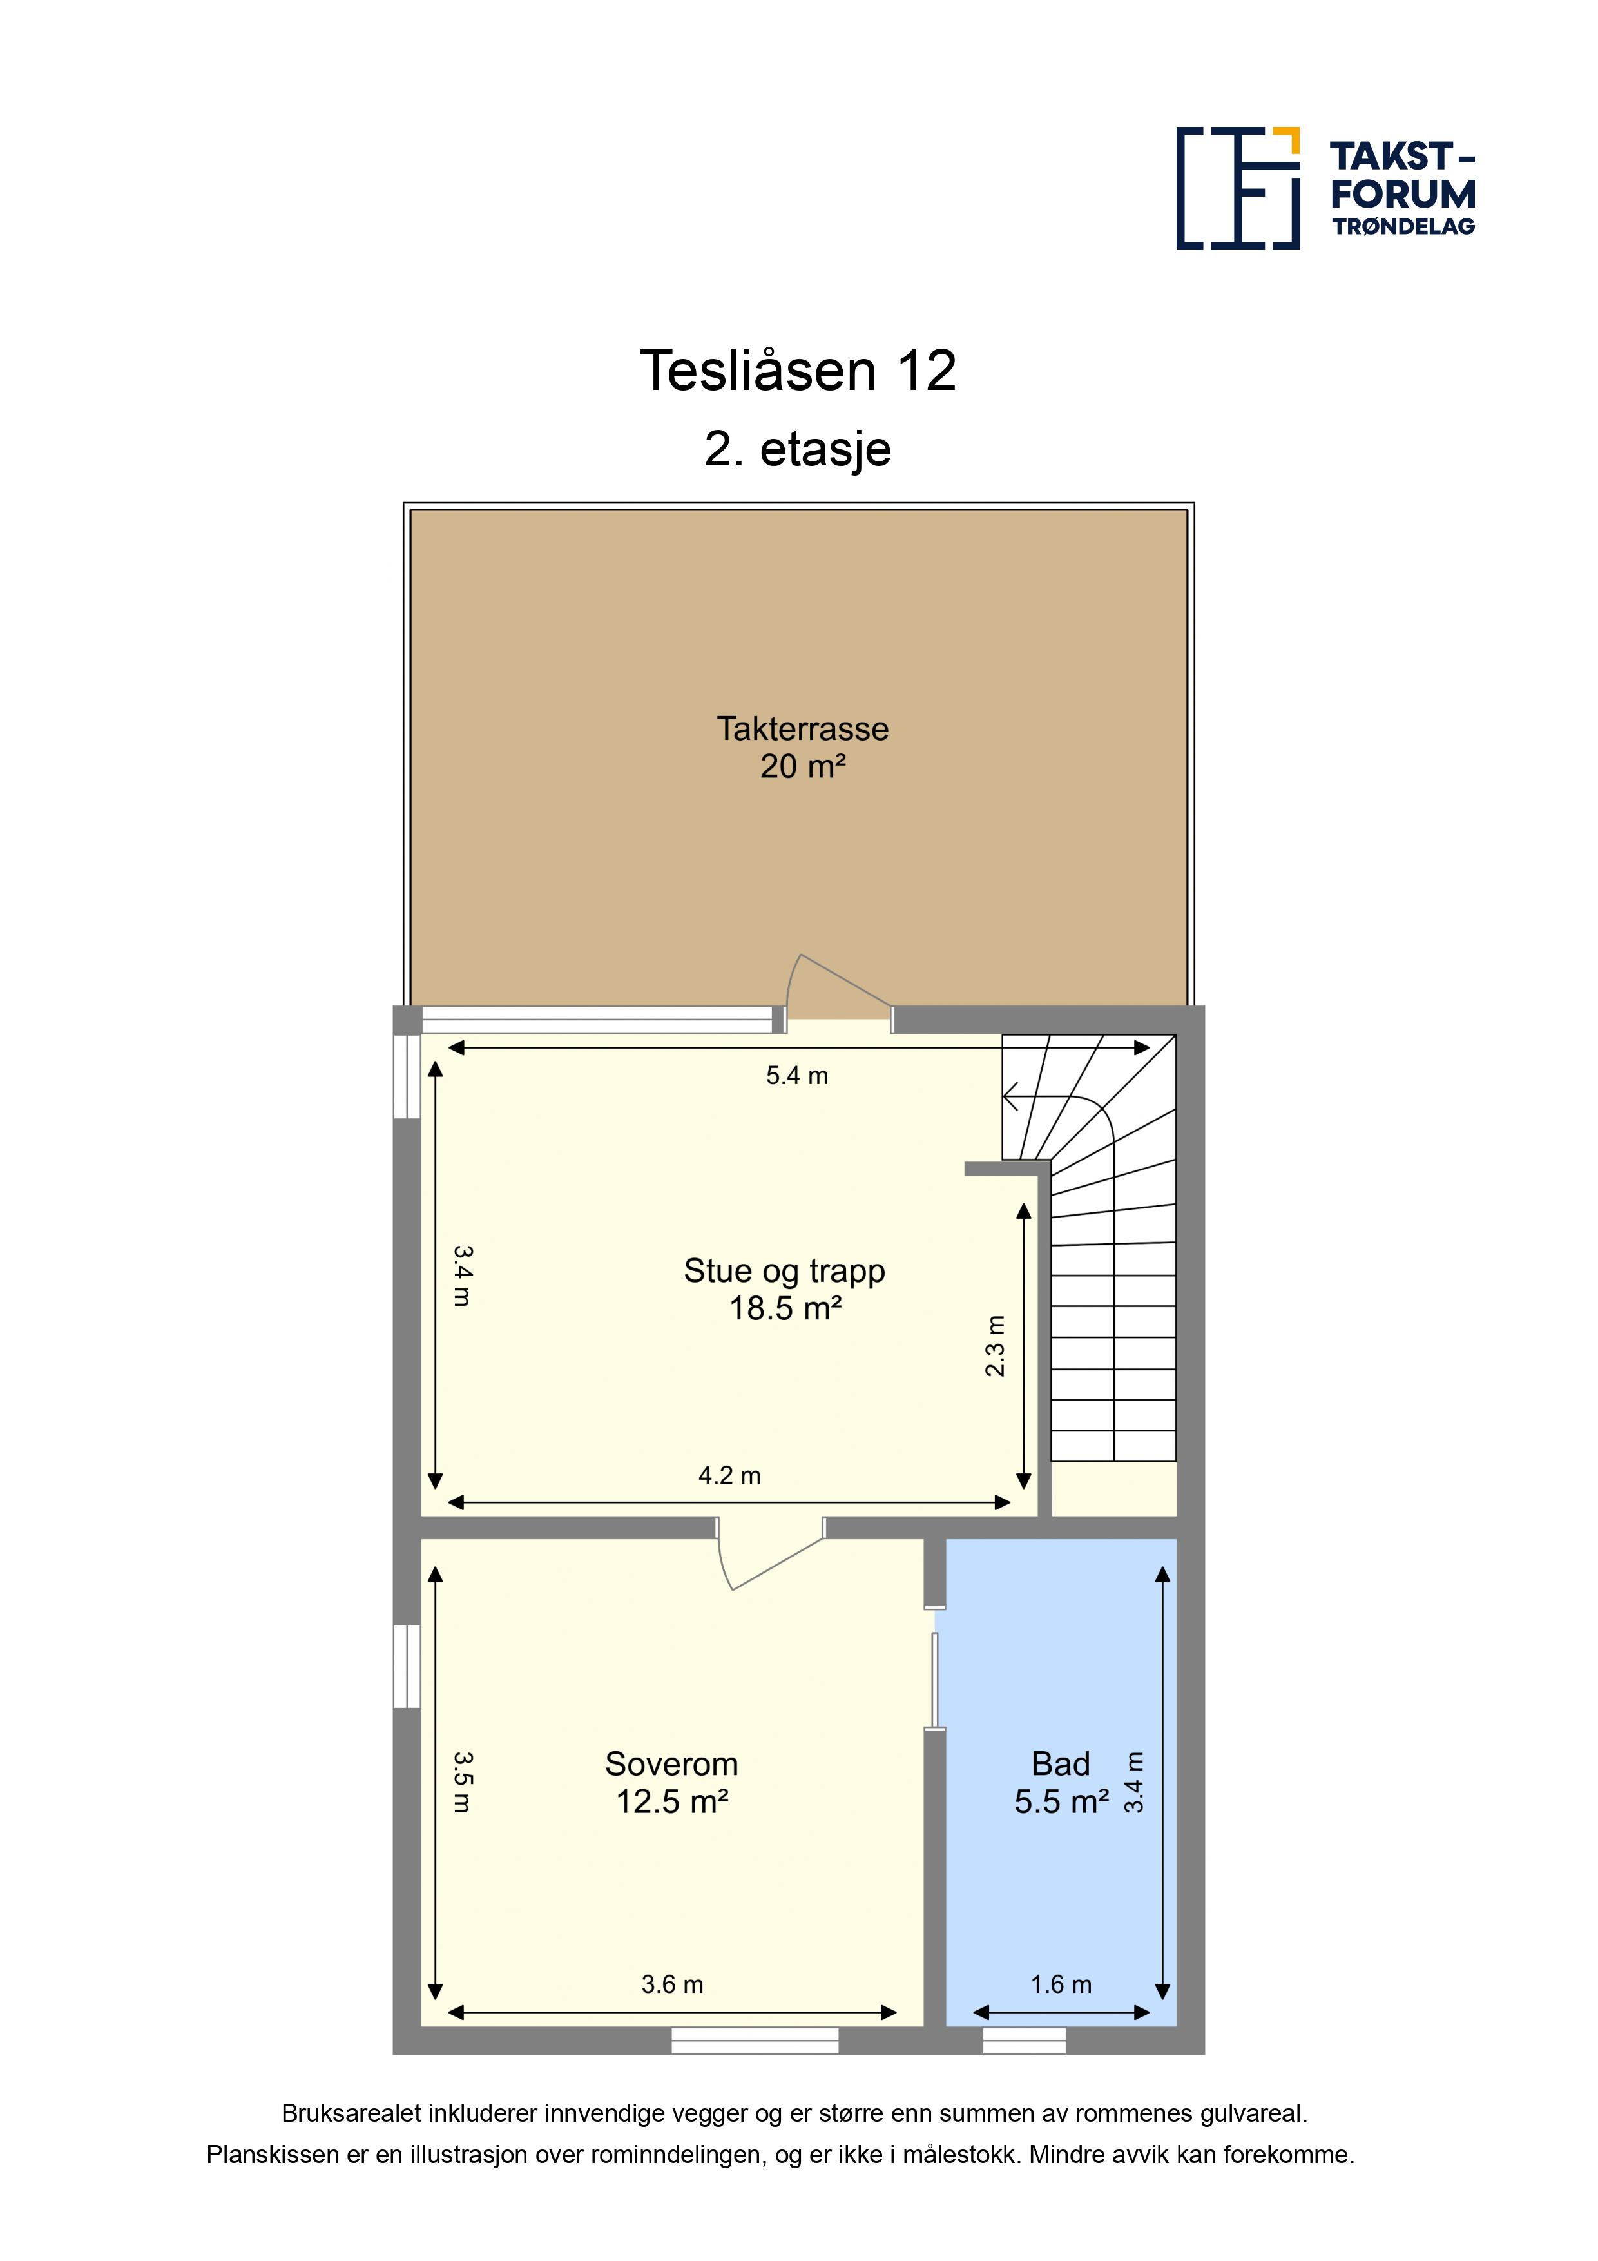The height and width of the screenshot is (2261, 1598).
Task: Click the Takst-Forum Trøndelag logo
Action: pyautogui.click(x=1325, y=188)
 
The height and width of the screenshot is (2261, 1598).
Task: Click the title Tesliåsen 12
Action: pyautogui.click(x=798, y=371)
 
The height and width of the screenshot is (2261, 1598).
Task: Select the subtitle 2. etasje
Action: pyautogui.click(x=798, y=450)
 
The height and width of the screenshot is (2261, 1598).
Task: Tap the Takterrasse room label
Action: pyautogui.click(x=802, y=729)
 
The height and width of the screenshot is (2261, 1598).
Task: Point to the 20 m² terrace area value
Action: pyautogui.click(x=802, y=766)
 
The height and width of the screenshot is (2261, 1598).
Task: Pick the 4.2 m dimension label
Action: pyautogui.click(x=729, y=1475)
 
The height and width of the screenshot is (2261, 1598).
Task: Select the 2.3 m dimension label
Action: pyautogui.click(x=996, y=1345)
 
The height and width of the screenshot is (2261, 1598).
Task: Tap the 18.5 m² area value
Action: pyautogui.click(x=785, y=1309)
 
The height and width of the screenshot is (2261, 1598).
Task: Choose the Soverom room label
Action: pyautogui.click(x=671, y=1763)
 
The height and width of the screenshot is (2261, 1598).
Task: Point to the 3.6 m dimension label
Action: pyautogui.click(x=673, y=1984)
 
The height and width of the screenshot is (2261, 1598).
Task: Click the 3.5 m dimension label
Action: pyautogui.click(x=463, y=1782)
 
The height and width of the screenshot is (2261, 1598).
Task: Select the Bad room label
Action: pyautogui.click(x=1061, y=1763)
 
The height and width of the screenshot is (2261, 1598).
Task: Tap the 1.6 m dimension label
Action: pyautogui.click(x=1061, y=1984)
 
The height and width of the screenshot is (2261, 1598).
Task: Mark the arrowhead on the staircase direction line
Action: pyautogui.click(x=1010, y=1095)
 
